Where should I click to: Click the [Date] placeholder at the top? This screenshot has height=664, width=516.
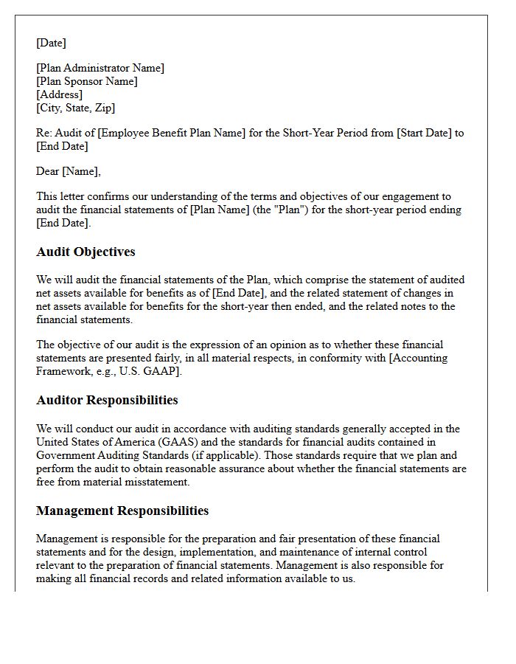51,43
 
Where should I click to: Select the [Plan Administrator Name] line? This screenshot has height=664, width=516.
100,68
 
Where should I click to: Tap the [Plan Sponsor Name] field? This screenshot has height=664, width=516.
87,81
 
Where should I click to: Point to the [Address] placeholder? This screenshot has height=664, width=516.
59,94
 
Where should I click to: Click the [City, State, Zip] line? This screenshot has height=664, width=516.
76,108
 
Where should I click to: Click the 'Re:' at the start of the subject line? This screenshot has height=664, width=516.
43,133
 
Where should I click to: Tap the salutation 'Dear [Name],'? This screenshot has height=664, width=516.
69,171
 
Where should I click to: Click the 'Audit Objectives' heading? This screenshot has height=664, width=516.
86,252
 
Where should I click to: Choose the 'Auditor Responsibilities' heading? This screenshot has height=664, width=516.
107,400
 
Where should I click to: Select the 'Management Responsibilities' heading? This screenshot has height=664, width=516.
122,511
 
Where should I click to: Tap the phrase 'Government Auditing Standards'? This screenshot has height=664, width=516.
111,455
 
